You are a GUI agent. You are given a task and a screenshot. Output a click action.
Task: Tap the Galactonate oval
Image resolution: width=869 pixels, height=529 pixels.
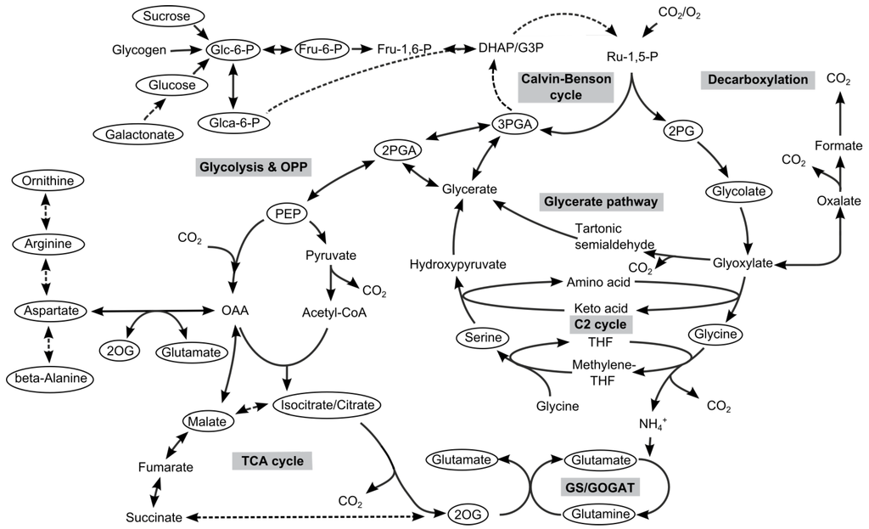[138, 134]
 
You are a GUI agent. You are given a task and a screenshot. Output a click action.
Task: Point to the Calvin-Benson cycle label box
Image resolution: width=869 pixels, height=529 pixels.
[564, 87]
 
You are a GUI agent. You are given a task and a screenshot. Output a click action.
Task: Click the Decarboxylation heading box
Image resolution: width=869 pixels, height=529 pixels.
[754, 80]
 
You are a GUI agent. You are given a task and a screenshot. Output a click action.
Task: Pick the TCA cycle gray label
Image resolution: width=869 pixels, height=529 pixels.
[272, 461]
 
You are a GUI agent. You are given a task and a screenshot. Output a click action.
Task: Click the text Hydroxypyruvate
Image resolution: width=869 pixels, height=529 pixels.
[457, 264]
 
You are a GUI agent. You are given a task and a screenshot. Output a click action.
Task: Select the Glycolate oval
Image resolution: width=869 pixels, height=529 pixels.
[741, 192]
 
